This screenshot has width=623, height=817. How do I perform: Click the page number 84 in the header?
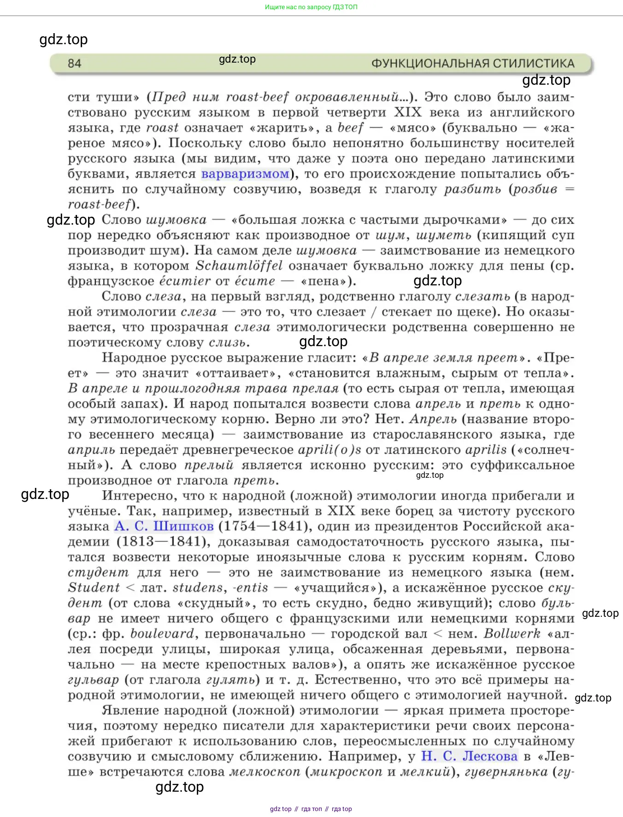click(x=74, y=64)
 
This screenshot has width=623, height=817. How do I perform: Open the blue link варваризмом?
click(x=245, y=174)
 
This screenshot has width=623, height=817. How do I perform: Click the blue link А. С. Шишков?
click(x=164, y=526)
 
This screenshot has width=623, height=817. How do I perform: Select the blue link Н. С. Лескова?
click(x=469, y=756)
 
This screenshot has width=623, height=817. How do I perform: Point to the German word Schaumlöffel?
click(x=239, y=266)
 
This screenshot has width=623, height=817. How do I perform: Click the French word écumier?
click(x=185, y=281)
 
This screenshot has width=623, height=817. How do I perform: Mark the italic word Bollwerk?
click(x=511, y=634)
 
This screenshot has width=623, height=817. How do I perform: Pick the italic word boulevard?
click(x=162, y=634)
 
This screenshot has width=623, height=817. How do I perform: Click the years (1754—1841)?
click(x=264, y=526)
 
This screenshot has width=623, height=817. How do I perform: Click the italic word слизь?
click(x=229, y=342)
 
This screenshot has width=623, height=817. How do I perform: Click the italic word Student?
click(x=94, y=588)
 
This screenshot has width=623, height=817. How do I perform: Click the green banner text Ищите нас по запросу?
click(x=298, y=7)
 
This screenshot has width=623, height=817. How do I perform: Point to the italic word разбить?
click(x=472, y=189)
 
